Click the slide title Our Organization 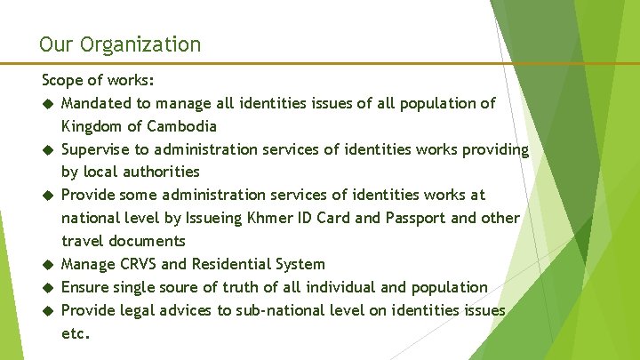click(x=120, y=44)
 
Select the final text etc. click(x=76, y=333)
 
